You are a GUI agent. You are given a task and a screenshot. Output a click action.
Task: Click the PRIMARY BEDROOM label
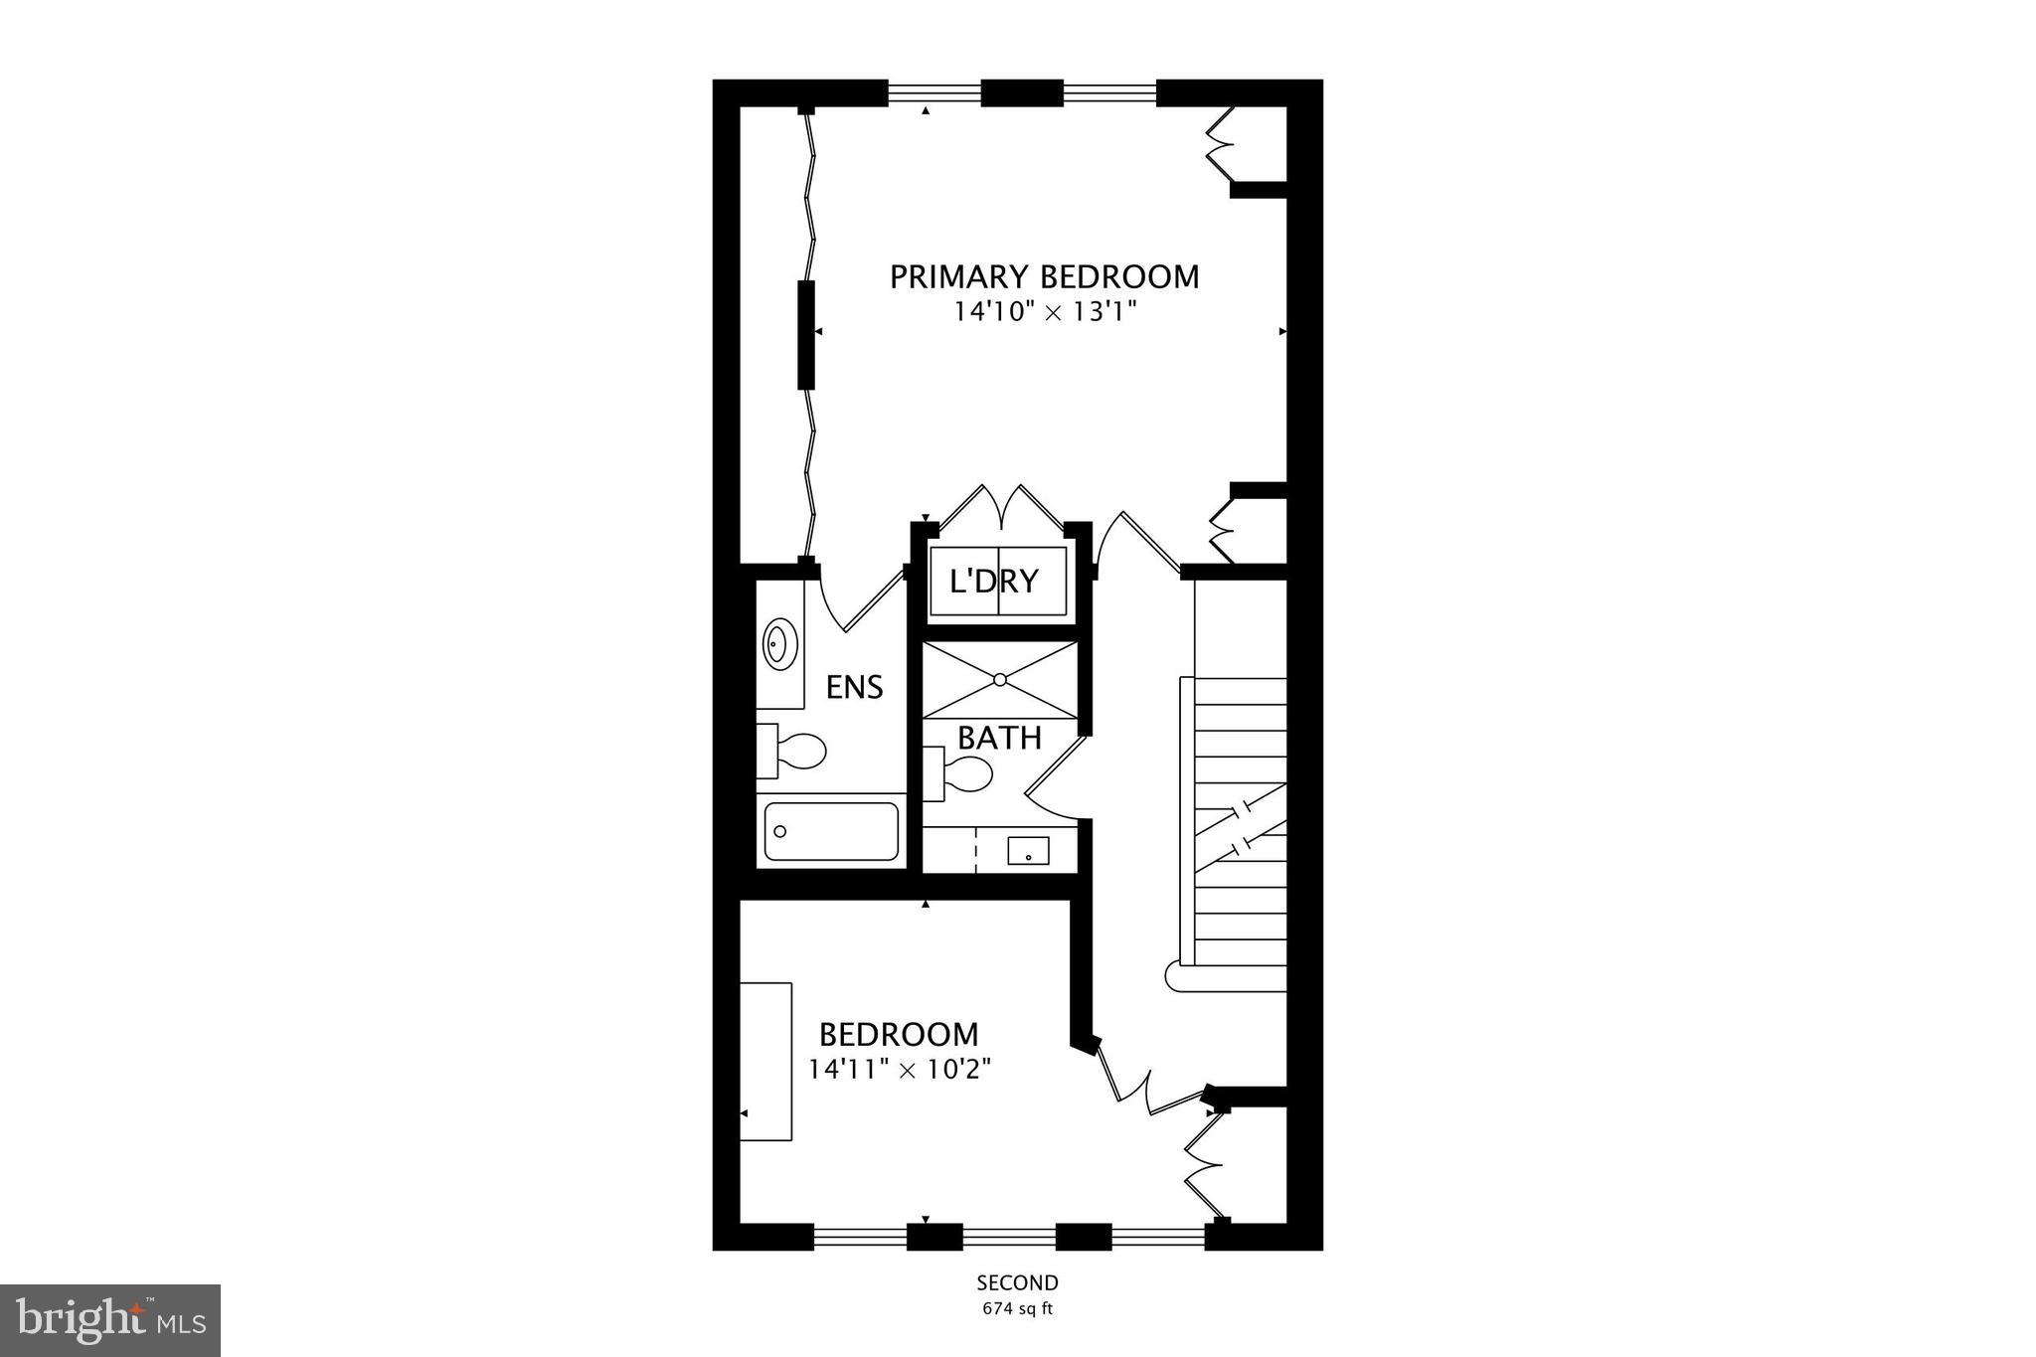pos(1044,276)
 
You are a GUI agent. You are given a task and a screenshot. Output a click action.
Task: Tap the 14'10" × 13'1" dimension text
pos(1044,312)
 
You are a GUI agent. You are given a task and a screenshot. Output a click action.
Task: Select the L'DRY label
pos(994,581)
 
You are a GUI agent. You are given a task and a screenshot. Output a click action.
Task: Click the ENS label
pos(854,687)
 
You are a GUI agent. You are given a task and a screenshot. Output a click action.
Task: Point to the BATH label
pos(999,738)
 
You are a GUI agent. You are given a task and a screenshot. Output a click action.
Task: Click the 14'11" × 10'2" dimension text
pos(899,1070)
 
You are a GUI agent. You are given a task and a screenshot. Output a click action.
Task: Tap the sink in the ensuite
pos(779,644)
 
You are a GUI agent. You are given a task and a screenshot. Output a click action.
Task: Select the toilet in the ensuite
pos(792,751)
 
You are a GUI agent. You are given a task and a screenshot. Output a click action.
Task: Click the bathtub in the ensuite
pos(832,831)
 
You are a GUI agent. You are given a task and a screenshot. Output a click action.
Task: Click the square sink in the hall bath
pos(1028,851)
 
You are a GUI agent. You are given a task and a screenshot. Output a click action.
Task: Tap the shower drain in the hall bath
pos(1000,679)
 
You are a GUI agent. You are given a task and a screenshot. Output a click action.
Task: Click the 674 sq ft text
pos(1017,1309)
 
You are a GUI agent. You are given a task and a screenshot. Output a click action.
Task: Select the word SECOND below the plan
pos(1017,1283)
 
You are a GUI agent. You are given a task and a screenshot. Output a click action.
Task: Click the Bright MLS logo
pos(110,1320)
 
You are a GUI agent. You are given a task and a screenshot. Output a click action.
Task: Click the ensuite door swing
pos(855,602)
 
